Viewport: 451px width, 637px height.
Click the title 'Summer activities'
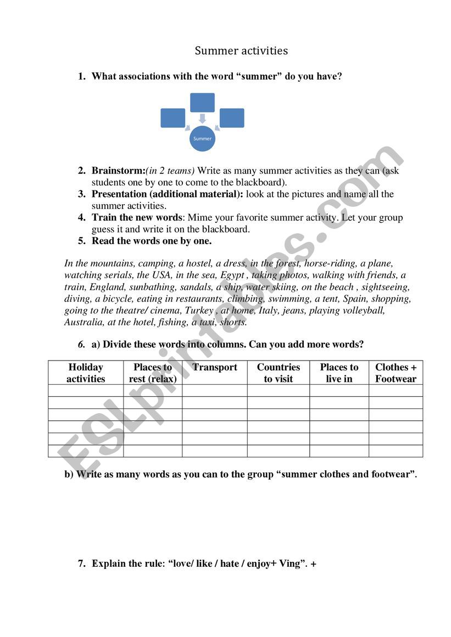click(x=241, y=51)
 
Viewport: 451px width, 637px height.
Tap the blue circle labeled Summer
click(x=202, y=139)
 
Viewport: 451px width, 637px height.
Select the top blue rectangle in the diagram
click(x=202, y=103)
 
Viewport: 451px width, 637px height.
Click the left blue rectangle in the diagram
click(x=172, y=118)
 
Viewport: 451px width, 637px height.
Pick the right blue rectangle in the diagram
click(x=232, y=118)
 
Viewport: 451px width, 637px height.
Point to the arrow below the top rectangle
click(x=202, y=119)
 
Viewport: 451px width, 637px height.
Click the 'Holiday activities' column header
click(x=86, y=373)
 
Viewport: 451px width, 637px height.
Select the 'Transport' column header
click(x=215, y=368)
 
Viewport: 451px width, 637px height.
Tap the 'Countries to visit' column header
click(x=279, y=373)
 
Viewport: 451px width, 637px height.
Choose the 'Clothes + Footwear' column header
click(x=396, y=373)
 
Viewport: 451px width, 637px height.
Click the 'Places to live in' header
click(x=339, y=373)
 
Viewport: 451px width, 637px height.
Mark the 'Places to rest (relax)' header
click(x=153, y=373)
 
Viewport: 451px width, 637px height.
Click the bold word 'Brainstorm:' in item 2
click(x=118, y=171)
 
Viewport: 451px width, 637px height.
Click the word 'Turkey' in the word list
click(x=199, y=311)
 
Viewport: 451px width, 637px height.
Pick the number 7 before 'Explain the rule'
click(x=81, y=563)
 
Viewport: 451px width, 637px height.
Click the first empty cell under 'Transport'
click(x=215, y=390)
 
